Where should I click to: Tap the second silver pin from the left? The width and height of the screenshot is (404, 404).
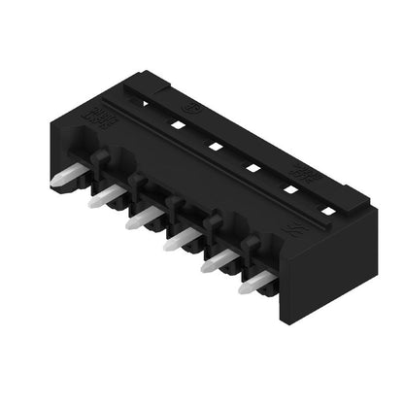[x=103, y=199]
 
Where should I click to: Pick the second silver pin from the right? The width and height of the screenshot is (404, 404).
[x=218, y=260]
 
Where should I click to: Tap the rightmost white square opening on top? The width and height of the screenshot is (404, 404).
[x=328, y=210]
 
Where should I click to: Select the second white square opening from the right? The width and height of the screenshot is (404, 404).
[x=289, y=189]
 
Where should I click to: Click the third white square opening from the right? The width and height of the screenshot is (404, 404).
[x=251, y=168]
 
